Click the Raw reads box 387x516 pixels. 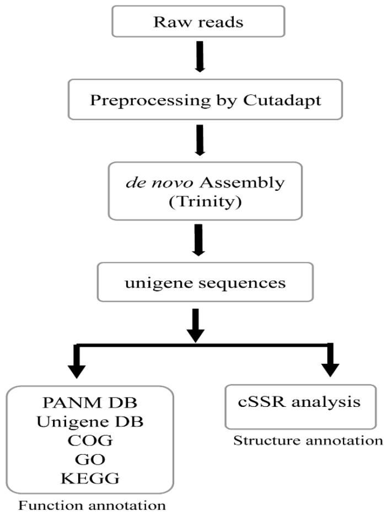[x=197, y=22]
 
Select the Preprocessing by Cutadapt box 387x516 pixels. [x=197, y=101]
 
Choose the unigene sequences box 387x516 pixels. [x=197, y=283]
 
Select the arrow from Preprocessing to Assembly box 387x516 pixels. [x=200, y=138]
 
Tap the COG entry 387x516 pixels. [x=89, y=440]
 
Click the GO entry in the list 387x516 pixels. [x=89, y=460]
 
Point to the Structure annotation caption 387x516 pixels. [x=307, y=440]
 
